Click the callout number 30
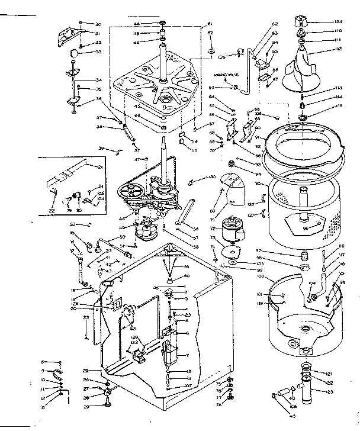click(98, 24)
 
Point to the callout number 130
click(211, 177)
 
